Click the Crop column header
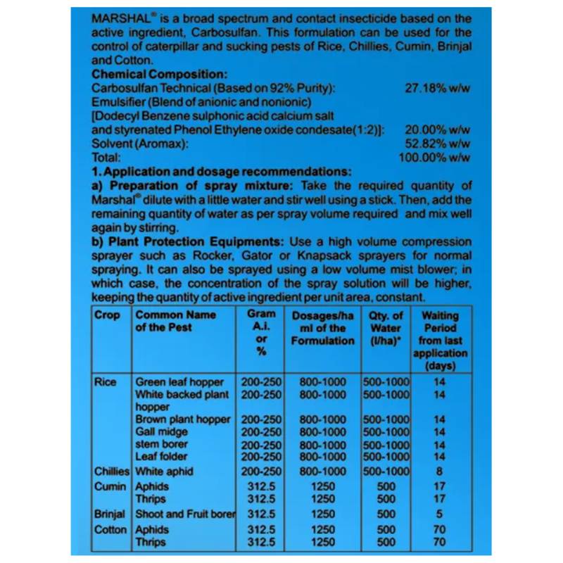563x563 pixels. pyautogui.click(x=107, y=315)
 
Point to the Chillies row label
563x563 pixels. pyautogui.click(x=112, y=471)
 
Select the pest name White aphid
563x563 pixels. pyautogui.click(x=164, y=471)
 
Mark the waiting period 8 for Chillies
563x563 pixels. pyautogui.click(x=440, y=471)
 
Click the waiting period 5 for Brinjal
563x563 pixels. pyautogui.click(x=440, y=514)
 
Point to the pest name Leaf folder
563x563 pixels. pyautogui.click(x=161, y=457)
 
